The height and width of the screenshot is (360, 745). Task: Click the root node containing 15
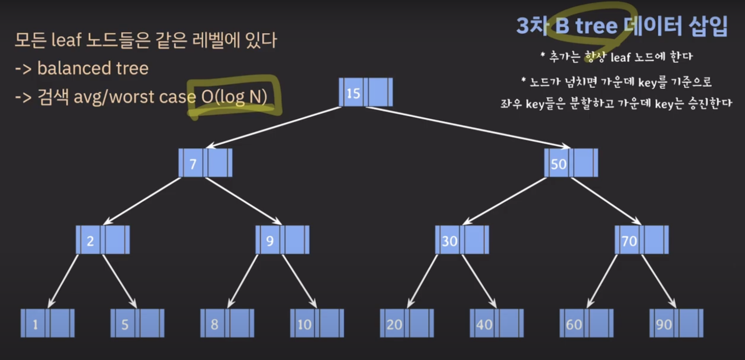point(366,92)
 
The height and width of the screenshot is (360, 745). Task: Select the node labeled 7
point(205,163)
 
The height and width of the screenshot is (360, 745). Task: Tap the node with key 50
point(571,163)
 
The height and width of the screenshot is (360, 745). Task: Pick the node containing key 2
point(103,240)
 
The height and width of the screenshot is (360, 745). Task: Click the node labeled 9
point(282,240)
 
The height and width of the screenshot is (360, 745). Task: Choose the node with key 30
point(462,240)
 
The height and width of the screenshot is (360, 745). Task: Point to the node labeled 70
point(641,240)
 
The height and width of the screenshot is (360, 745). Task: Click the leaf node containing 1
point(47,323)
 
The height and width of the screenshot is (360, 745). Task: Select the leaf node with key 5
point(137,323)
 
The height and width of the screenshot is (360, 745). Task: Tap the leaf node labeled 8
point(227,323)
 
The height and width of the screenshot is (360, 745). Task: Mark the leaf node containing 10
point(317,323)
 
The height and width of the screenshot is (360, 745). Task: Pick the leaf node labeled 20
point(407,323)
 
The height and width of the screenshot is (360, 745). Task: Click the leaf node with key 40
point(497,323)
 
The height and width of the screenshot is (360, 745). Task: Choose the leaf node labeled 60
point(586,323)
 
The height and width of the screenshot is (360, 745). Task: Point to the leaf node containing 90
point(676,323)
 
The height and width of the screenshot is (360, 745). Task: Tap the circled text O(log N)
point(234,97)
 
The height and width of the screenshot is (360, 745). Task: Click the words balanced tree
point(93,68)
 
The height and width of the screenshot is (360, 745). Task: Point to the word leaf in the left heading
point(66,40)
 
